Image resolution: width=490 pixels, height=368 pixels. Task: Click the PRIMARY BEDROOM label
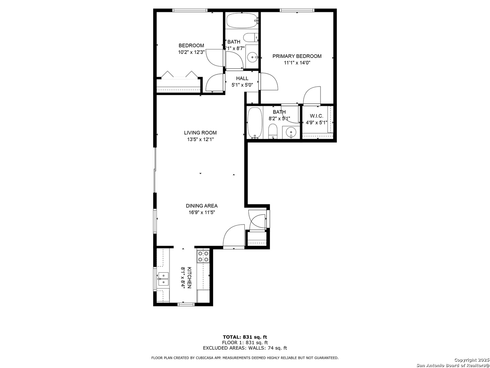pos(297,56)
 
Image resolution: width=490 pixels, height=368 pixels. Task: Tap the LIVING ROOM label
pos(200,133)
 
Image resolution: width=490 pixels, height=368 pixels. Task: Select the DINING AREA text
pos(201,206)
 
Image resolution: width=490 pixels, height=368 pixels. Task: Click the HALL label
pos(242,78)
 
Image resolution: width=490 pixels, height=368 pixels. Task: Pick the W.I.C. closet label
pos(316,116)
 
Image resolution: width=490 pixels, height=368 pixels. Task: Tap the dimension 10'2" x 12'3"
pos(191,52)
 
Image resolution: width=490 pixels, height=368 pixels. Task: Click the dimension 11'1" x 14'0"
pos(297,63)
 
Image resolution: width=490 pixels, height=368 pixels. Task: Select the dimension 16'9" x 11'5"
pos(202,212)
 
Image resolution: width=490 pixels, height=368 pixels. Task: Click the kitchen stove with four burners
pos(203,256)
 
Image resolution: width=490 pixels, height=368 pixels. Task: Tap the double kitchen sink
pos(163,279)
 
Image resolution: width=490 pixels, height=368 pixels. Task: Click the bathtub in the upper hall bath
pos(242,21)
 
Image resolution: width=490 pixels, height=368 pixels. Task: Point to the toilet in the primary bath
pos(273,131)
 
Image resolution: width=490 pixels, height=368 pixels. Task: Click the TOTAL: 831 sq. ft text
pos(245,337)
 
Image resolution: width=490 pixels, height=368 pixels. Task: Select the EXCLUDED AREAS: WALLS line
pos(245,348)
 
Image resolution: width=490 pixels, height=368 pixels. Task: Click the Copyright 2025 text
pos(471,360)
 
